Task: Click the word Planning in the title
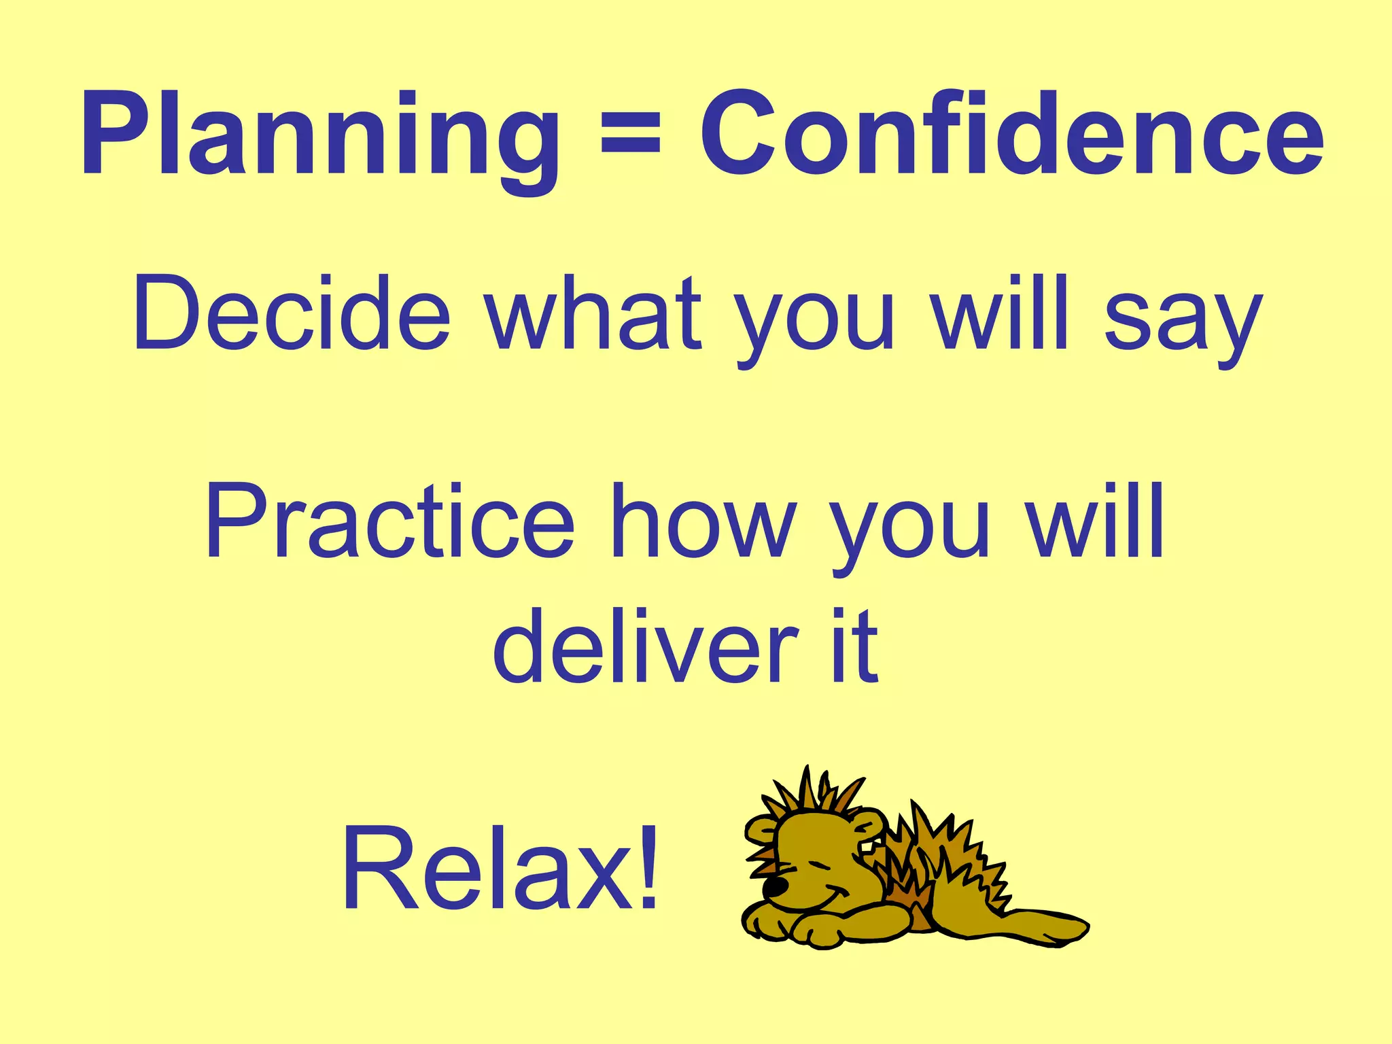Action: pos(319,136)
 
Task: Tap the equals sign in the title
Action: pos(631,133)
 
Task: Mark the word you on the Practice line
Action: pos(911,530)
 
